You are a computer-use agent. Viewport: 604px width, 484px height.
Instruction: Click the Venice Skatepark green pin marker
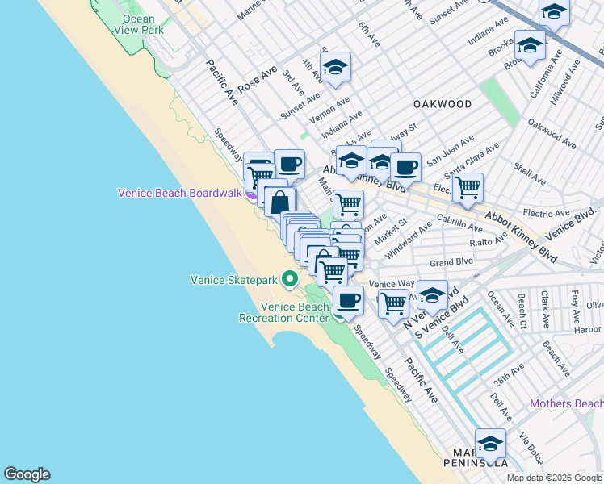tap(290, 280)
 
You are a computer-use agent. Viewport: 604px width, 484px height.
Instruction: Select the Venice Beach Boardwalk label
tap(181, 193)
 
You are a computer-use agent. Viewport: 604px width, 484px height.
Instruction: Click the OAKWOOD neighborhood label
tap(442, 105)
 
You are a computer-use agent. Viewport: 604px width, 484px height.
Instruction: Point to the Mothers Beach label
tap(566, 403)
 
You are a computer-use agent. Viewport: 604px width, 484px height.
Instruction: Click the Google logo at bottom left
tap(27, 474)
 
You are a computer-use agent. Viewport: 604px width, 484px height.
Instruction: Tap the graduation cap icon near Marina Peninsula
tap(490, 443)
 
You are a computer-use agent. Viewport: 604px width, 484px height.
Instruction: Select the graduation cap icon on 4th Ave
tap(335, 67)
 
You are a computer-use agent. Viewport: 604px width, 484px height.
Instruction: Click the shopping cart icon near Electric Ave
tap(467, 187)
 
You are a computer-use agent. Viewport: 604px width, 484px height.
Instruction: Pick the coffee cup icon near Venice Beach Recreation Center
tap(348, 300)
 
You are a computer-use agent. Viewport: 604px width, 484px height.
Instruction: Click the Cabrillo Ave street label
tap(459, 223)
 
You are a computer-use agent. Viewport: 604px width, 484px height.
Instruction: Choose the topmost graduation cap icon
tap(554, 12)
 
